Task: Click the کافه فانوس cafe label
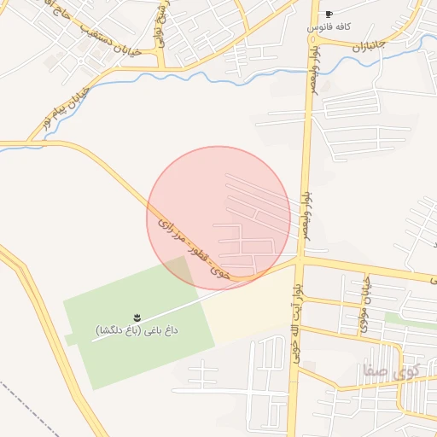point(329,27)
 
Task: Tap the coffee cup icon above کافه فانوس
point(329,15)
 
